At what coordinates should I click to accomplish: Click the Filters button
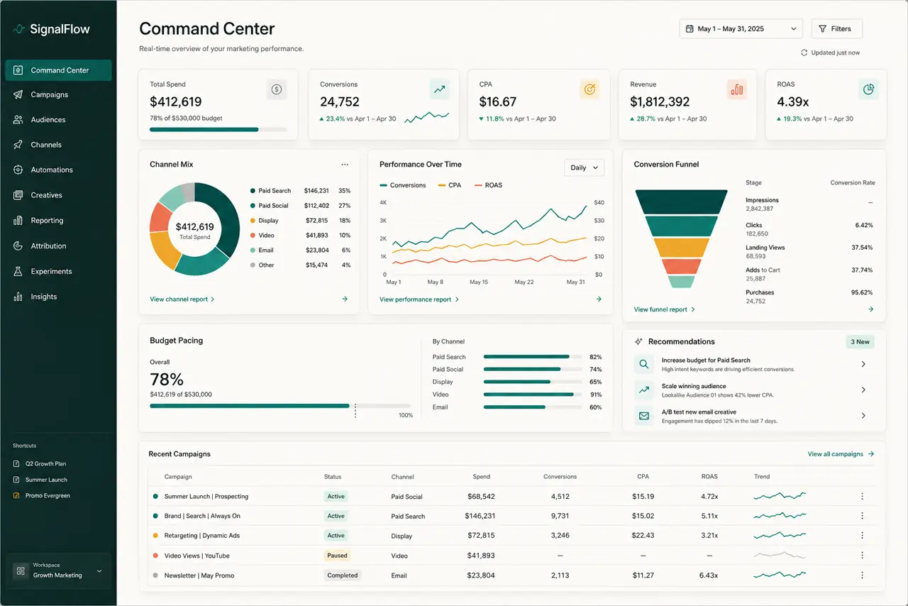(836, 29)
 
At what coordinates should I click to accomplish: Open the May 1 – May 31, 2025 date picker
(741, 29)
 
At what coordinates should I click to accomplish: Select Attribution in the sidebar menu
(48, 246)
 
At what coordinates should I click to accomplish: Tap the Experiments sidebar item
(51, 271)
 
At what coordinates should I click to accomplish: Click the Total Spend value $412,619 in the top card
(175, 101)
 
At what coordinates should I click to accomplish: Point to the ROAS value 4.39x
(792, 101)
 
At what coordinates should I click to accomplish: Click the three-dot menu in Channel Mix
(345, 165)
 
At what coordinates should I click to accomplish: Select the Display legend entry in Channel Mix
(268, 220)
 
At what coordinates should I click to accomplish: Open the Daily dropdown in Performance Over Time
(584, 167)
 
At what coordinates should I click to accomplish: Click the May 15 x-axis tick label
(479, 282)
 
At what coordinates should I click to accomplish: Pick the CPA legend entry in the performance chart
(450, 185)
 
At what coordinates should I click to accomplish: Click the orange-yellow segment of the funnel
(682, 248)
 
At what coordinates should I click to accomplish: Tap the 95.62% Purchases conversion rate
(862, 292)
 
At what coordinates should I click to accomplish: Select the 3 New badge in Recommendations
(860, 341)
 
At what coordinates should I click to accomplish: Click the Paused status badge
(337, 556)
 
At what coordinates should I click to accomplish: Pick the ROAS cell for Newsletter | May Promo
(709, 575)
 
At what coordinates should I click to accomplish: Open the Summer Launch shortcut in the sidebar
(46, 480)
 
